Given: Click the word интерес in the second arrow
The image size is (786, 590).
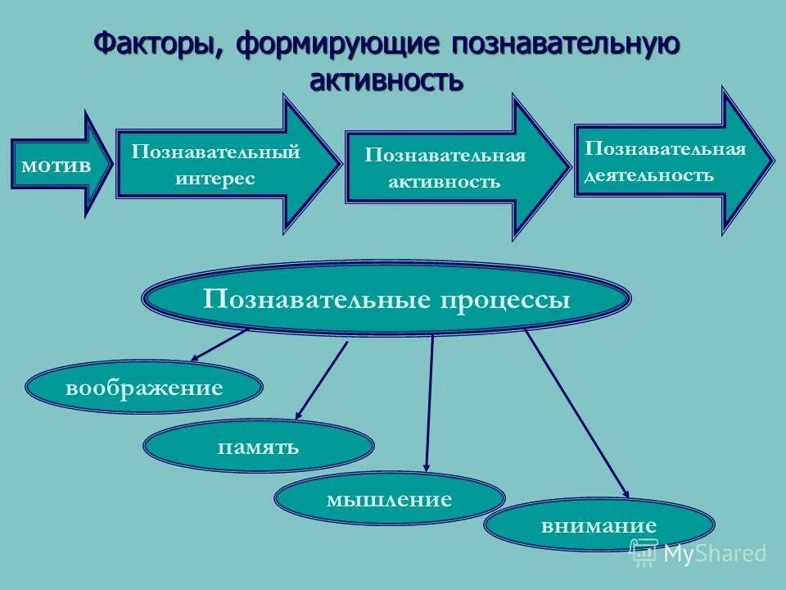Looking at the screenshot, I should click(x=215, y=178).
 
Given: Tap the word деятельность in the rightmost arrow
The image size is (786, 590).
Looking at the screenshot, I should click(x=648, y=175).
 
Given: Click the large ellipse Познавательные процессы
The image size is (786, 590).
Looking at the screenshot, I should click(x=386, y=299).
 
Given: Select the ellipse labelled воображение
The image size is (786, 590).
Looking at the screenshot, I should click(x=144, y=387).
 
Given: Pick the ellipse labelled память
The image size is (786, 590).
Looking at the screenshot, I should click(x=258, y=447).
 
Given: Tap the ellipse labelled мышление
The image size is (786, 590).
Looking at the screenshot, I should click(x=389, y=498).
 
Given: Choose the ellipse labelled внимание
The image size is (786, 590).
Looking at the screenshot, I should click(x=599, y=525).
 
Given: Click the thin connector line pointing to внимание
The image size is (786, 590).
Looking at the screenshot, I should click(x=576, y=411).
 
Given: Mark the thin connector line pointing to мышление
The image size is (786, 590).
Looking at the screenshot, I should click(x=430, y=402).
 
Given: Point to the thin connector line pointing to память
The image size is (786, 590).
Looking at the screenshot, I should click(x=321, y=380).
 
